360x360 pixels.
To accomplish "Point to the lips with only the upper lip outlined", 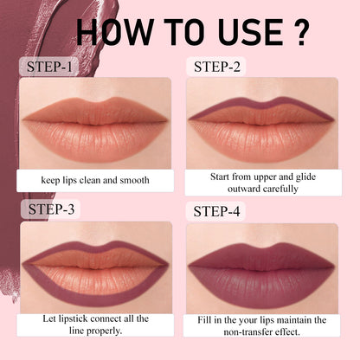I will click(260, 128).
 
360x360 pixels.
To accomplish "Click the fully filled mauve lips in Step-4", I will click(260, 268).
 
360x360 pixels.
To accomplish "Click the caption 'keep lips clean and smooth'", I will click(94, 181).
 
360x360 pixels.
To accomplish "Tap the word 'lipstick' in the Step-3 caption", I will click(74, 319).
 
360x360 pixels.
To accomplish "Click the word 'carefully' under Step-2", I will click(278, 188).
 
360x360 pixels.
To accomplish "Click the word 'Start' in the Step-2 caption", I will click(222, 176).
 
